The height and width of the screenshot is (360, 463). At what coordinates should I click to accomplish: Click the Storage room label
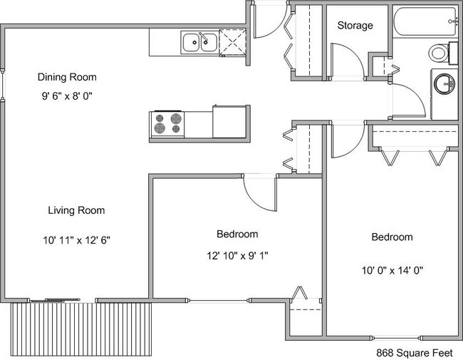pos(355,26)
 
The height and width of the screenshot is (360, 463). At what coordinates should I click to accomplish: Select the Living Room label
pos(76,210)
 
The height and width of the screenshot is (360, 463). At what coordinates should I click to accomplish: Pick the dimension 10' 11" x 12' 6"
pos(76,240)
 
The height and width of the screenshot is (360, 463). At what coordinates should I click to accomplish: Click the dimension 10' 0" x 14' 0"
pos(392,269)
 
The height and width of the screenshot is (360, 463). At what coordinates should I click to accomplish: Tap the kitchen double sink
pos(199,43)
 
